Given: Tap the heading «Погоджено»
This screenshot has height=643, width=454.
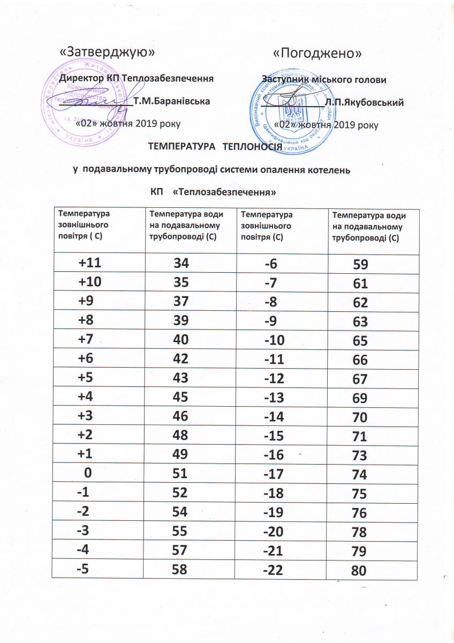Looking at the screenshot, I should click(317, 54).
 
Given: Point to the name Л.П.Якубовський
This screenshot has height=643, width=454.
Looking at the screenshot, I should click(364, 102).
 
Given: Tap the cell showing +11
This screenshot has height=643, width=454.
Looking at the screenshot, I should click(90, 263).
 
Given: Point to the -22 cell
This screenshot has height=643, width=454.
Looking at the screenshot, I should click(274, 570).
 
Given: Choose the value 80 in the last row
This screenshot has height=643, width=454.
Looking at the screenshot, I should click(359, 572).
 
